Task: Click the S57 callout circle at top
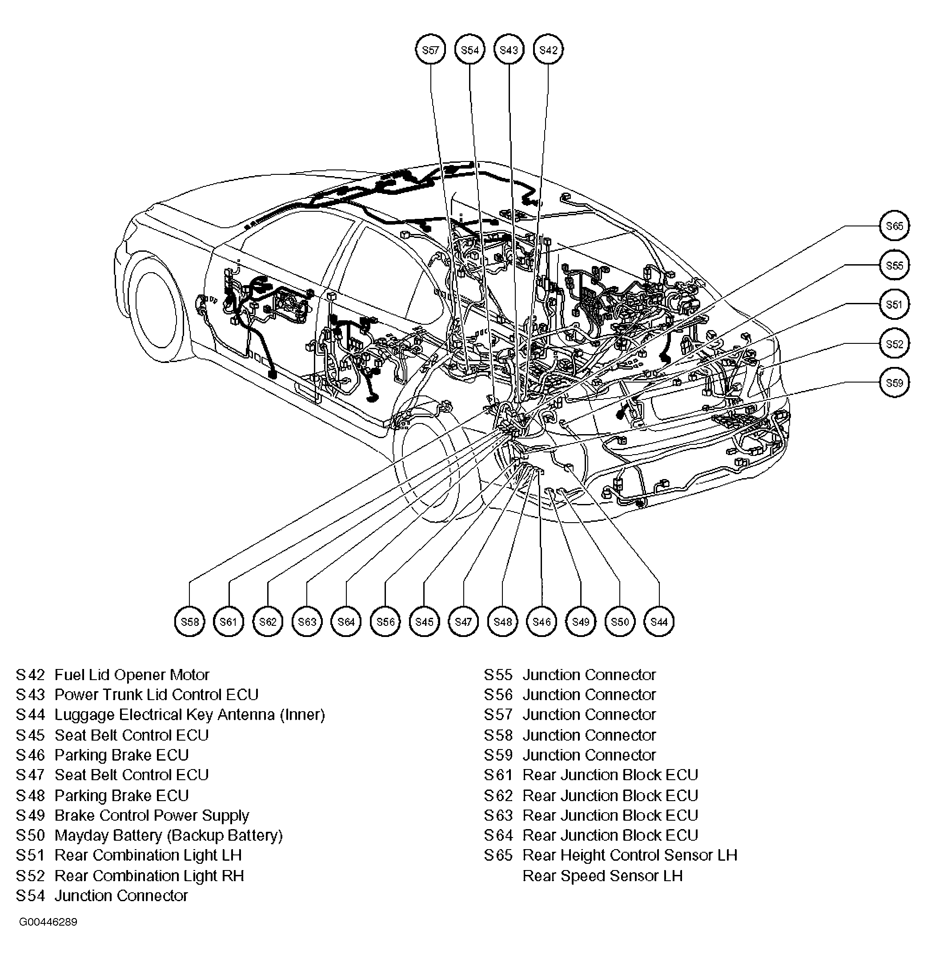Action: tap(430, 49)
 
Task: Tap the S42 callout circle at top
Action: tap(548, 49)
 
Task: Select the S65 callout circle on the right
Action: tap(894, 226)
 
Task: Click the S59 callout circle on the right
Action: tap(894, 383)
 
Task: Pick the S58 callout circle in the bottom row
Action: tap(189, 621)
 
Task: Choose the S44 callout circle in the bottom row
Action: tap(659, 621)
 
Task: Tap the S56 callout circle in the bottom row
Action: tap(385, 621)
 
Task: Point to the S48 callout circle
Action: tap(502, 621)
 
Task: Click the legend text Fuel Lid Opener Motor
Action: tap(132, 675)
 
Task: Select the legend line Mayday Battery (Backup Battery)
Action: tap(168, 835)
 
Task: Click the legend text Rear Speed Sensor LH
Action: tap(602, 876)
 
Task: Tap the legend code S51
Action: tap(30, 855)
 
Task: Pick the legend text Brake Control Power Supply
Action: tap(152, 815)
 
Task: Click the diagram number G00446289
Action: tap(48, 922)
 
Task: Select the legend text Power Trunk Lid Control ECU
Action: tap(156, 695)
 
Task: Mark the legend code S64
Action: tap(498, 835)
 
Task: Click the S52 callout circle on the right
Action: tap(894, 343)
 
